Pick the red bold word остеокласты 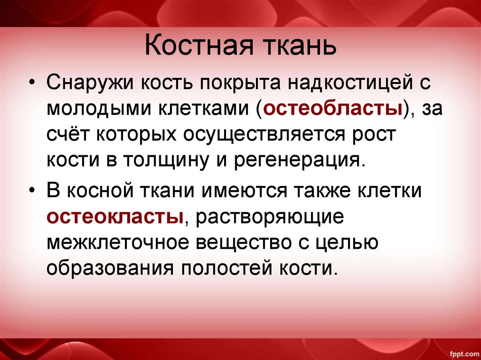pos(115,217)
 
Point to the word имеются pos(235,192)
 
